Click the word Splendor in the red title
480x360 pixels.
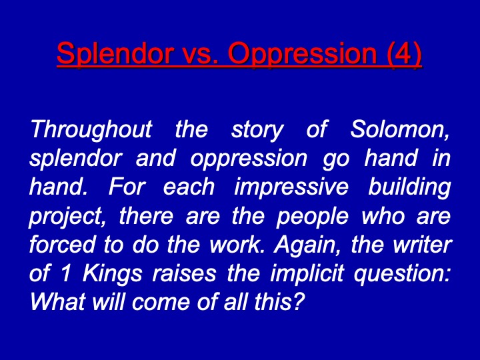click(x=114, y=53)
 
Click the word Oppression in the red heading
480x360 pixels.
click(x=303, y=54)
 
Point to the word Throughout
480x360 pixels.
click(x=91, y=129)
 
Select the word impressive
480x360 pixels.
click(x=291, y=187)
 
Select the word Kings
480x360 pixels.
click(x=113, y=274)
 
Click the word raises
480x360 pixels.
click(x=184, y=273)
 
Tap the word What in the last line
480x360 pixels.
click(x=57, y=302)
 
